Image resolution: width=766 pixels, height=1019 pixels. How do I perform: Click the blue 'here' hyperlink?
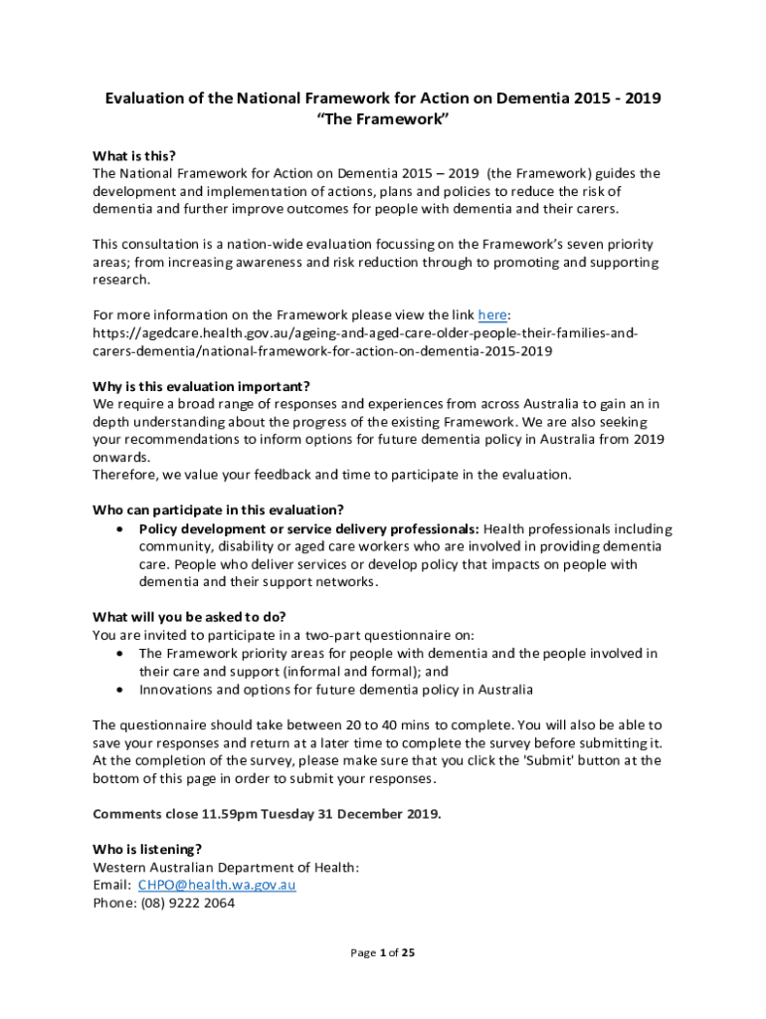(x=492, y=315)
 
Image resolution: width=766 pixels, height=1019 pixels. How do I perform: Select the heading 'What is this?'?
(x=134, y=155)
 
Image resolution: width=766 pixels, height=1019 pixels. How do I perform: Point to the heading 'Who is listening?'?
(x=147, y=849)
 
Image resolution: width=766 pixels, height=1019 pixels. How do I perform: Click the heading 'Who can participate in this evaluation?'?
(x=218, y=510)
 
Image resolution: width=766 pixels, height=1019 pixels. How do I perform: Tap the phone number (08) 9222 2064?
(x=189, y=904)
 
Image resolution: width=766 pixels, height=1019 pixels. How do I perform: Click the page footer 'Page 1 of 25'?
(x=382, y=952)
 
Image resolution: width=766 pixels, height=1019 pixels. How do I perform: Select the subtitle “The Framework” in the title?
(x=383, y=119)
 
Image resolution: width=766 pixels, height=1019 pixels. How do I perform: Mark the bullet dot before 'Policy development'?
(x=120, y=528)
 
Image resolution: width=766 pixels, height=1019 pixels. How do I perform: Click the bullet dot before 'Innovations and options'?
(x=120, y=690)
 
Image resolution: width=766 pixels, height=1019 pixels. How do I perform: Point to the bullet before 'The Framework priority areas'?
(x=120, y=654)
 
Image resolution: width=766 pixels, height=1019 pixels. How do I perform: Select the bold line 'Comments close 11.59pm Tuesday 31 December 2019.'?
(x=267, y=813)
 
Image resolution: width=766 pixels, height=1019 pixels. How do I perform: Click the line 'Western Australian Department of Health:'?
(x=226, y=867)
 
